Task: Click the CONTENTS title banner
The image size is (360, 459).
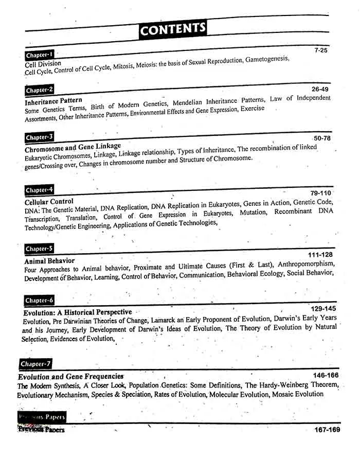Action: tap(173, 29)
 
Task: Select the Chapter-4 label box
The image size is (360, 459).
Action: tap(39, 190)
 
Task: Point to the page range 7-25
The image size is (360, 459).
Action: tap(320, 50)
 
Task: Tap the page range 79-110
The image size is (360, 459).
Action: tap(321, 193)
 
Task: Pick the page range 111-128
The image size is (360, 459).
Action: tap(320, 255)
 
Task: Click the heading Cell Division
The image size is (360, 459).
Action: tap(43, 64)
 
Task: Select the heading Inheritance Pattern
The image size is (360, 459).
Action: tap(53, 101)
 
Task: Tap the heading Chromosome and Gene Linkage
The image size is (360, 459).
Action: tap(73, 148)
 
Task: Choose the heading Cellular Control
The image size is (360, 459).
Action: tap(49, 202)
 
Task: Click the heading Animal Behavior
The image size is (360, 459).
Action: tap(49, 261)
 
